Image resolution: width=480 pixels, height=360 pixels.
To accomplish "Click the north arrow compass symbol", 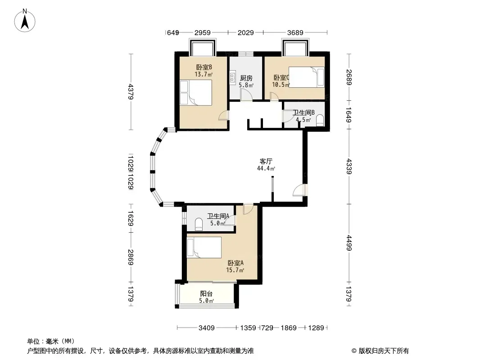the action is (x=25, y=21).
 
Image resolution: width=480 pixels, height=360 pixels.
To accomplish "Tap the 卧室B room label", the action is (x=204, y=67).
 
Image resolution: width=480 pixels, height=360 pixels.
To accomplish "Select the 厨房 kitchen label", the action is (x=246, y=78).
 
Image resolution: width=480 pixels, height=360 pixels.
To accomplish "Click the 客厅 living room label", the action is (x=266, y=161).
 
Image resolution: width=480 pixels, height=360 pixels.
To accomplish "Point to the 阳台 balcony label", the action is (x=206, y=294).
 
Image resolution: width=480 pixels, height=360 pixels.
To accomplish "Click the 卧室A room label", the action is (x=235, y=263).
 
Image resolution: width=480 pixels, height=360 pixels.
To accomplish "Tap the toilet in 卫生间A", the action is (x=199, y=224).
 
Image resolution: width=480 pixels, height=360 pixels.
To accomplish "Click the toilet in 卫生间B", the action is (x=320, y=120).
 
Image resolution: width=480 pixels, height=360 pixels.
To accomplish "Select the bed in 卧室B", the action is (x=196, y=93).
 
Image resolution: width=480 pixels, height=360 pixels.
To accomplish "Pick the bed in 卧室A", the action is (x=204, y=247).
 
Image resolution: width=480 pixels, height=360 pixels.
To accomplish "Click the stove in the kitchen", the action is (x=233, y=76).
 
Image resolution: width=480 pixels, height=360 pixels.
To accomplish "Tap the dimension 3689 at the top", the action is (x=295, y=32).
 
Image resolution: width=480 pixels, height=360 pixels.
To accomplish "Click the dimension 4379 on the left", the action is (x=131, y=91).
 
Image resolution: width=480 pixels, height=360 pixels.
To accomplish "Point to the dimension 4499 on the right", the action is (x=349, y=243).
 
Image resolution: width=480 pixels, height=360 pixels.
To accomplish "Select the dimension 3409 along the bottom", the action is (x=206, y=328).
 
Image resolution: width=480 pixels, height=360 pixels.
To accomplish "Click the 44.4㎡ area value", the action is (x=266, y=169).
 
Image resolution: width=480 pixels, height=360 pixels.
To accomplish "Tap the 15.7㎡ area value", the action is (x=235, y=270).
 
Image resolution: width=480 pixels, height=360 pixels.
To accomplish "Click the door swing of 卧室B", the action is (x=223, y=115).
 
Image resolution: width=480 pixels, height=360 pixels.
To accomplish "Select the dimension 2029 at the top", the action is (x=245, y=32).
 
